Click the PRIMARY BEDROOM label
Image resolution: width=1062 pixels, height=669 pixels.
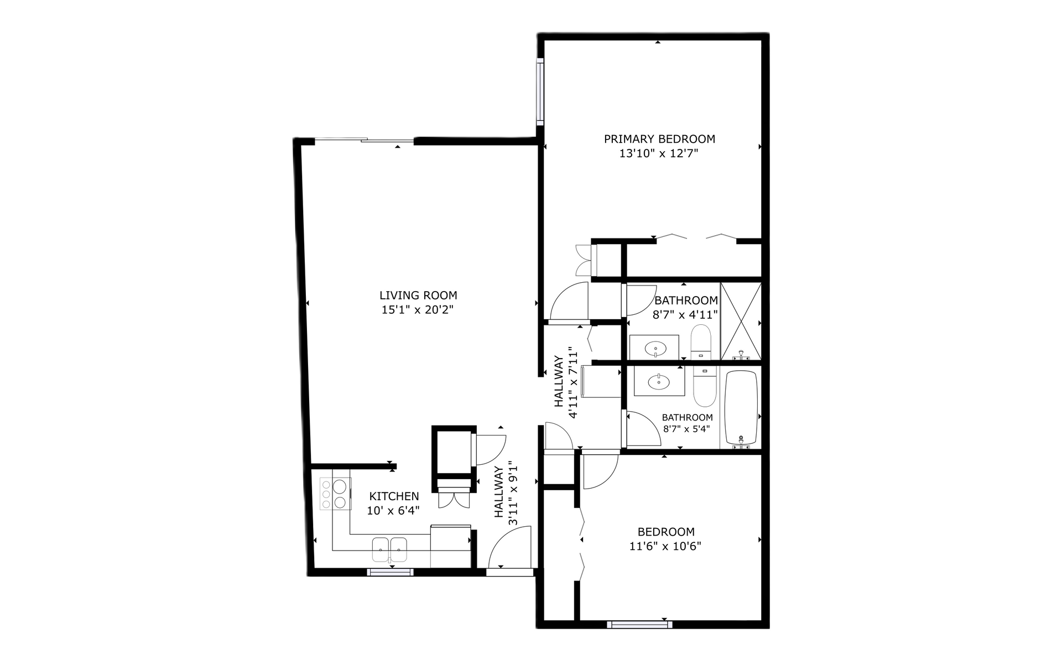point(659,139)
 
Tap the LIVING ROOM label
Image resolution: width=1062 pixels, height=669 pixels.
point(418,295)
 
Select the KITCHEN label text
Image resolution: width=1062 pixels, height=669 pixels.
point(394,496)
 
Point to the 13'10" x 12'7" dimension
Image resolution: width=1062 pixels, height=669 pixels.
point(659,154)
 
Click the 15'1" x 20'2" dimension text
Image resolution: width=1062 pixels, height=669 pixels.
point(418,310)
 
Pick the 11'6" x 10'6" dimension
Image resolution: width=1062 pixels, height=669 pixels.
point(665,547)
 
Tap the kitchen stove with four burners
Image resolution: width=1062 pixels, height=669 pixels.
point(335,494)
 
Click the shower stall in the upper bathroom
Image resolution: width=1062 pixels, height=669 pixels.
point(741,321)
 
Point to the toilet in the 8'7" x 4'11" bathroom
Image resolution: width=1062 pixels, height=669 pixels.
point(701,342)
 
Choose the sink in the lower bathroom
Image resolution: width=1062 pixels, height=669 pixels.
point(659,381)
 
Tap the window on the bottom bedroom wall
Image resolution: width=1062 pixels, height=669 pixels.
point(639,625)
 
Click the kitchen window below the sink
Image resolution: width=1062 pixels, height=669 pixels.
point(390,572)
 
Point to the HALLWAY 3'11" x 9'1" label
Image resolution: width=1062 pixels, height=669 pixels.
point(506,493)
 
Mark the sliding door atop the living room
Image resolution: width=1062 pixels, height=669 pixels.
point(364,141)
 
